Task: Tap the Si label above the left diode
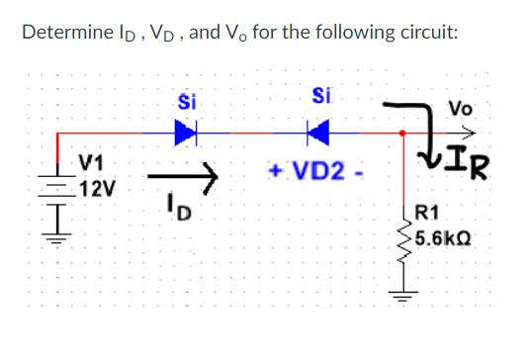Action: tap(184, 101)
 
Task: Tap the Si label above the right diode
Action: tap(319, 96)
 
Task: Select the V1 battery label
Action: tap(95, 162)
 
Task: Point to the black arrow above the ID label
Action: tap(181, 177)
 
